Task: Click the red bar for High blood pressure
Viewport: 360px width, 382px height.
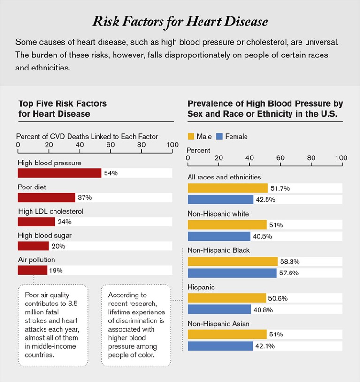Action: [60, 173]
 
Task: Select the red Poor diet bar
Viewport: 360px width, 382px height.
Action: [46, 197]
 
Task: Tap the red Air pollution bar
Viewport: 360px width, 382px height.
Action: [32, 270]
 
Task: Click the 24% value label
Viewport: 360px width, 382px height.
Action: [64, 222]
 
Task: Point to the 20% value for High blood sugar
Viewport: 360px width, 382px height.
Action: [58, 246]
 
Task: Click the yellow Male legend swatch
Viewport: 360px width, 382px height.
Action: [191, 136]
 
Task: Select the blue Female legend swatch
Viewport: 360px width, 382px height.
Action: [219, 136]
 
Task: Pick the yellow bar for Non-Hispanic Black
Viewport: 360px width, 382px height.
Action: [233, 261]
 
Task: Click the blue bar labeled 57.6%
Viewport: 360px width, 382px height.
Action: [232, 273]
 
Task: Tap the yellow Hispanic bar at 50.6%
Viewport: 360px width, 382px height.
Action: [227, 298]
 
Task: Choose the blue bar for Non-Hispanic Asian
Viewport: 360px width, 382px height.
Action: [220, 346]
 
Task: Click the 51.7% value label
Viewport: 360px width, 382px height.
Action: [280, 188]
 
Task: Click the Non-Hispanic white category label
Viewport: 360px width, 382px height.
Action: [218, 214]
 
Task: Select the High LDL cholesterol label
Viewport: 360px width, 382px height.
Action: [50, 211]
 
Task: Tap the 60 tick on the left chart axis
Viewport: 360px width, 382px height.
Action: [111, 145]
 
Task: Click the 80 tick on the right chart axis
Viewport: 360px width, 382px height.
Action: [311, 158]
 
